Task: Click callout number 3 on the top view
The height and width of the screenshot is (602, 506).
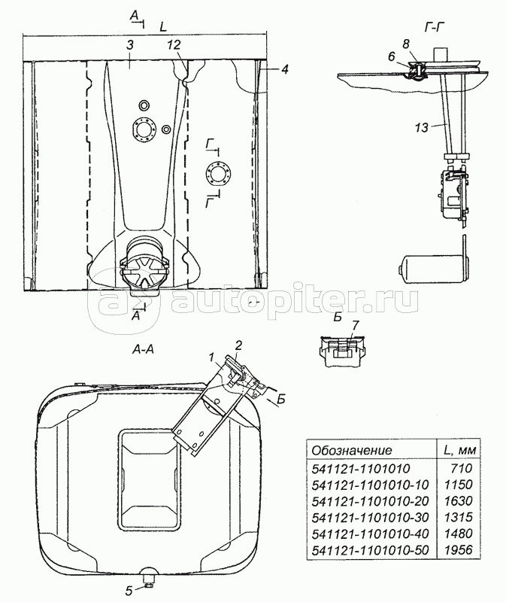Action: tap(129, 45)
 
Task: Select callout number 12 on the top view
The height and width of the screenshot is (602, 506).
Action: tap(174, 45)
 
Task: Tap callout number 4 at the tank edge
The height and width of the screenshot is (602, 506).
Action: tap(284, 69)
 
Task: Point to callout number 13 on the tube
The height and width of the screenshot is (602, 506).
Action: tap(421, 127)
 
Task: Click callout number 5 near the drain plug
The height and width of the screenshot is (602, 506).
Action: tap(129, 590)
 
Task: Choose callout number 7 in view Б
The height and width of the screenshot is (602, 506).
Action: tap(354, 326)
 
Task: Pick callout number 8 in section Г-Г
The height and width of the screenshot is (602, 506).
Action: tap(406, 44)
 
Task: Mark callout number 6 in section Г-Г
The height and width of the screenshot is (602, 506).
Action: tap(391, 56)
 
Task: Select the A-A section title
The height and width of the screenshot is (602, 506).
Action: tap(142, 349)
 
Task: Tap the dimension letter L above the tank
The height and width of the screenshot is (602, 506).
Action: tap(163, 27)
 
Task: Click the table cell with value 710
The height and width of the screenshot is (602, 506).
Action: tap(464, 468)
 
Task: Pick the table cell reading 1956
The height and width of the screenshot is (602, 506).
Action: tap(459, 550)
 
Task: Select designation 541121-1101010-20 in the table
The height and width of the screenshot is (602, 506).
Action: tap(370, 501)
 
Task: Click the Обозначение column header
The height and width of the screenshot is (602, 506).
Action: tap(352, 450)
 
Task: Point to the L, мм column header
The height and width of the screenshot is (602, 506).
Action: tap(459, 450)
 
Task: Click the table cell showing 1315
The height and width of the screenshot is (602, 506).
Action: tap(459, 517)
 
